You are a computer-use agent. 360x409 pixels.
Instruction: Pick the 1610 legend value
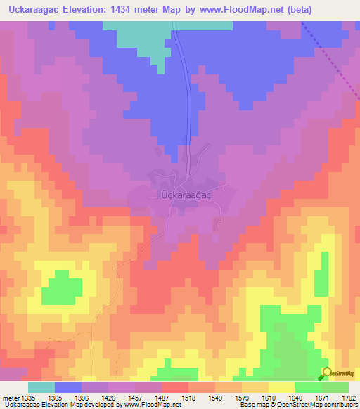coord(268,398)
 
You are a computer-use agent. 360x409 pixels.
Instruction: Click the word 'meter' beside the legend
coord(10,398)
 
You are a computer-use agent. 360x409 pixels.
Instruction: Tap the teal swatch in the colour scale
coord(41,387)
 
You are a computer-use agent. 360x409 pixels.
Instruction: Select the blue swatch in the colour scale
coord(68,387)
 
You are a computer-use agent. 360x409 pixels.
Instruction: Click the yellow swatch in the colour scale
coord(281,387)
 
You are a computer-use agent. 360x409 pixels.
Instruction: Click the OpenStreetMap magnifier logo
coord(327,373)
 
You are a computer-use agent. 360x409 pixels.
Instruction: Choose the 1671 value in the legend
coord(321,398)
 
